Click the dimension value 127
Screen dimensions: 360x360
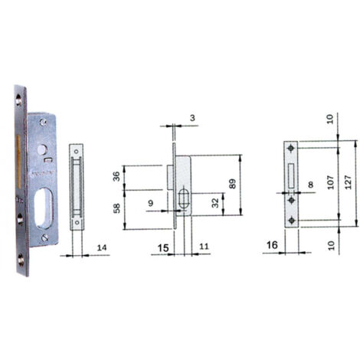(x=349, y=182)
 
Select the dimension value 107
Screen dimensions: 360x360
(x=331, y=182)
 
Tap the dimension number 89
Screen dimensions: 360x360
(x=233, y=184)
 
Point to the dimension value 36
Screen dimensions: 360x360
(x=116, y=176)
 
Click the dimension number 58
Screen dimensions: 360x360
(x=116, y=208)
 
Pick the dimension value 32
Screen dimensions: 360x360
(x=216, y=203)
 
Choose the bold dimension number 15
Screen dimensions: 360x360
(x=163, y=247)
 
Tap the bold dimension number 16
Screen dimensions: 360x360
(x=272, y=245)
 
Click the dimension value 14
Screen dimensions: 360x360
(x=102, y=247)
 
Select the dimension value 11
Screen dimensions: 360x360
(x=204, y=247)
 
